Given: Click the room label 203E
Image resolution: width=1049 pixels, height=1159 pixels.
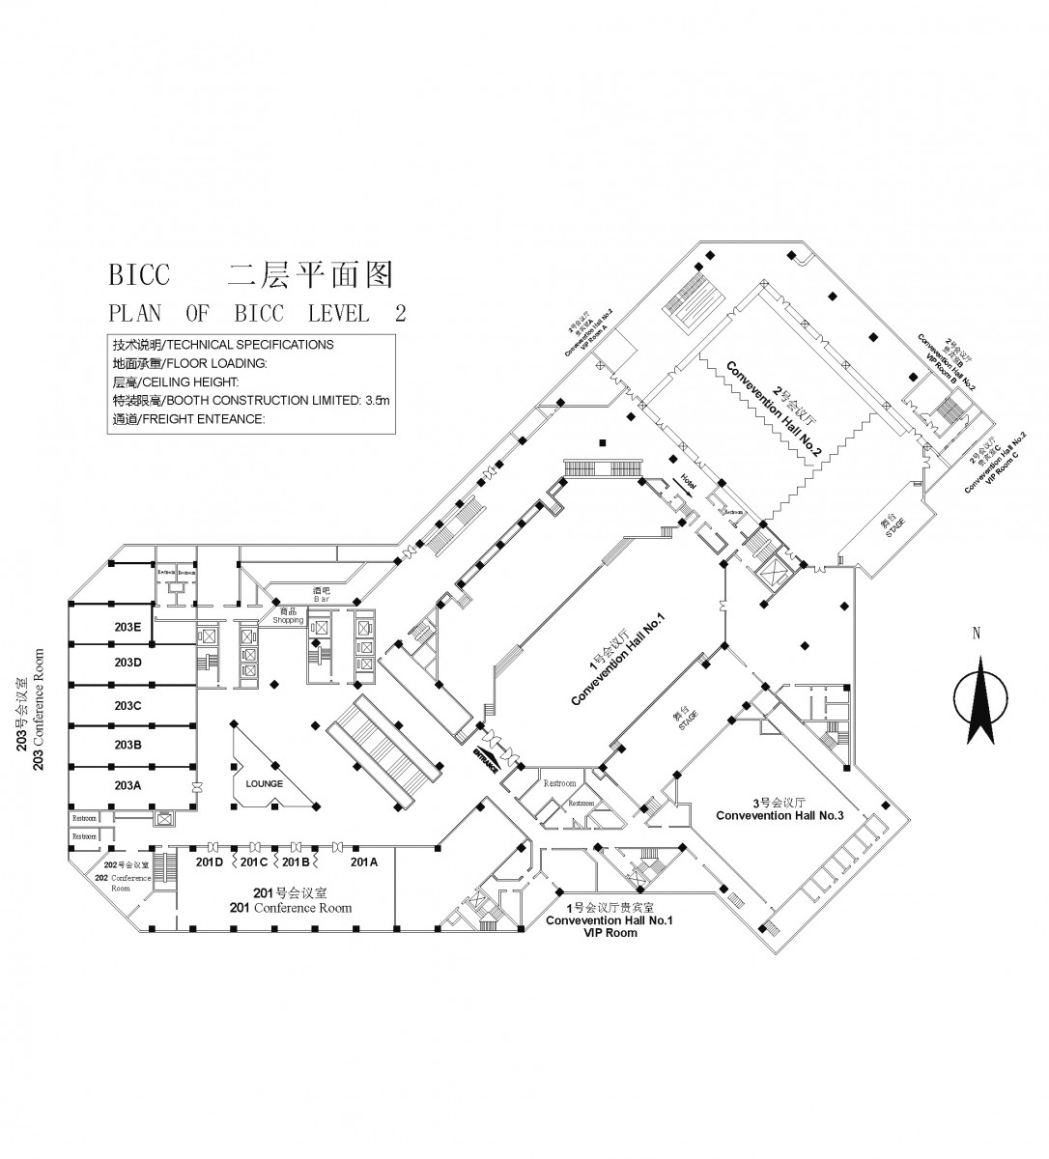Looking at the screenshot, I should [128, 627].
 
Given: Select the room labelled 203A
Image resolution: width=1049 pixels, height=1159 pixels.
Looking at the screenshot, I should [128, 784].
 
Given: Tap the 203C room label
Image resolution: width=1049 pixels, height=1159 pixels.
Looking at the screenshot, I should [128, 705].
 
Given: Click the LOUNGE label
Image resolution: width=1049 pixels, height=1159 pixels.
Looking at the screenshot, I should [265, 783].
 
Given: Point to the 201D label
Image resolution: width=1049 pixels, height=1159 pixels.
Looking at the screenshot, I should [210, 861].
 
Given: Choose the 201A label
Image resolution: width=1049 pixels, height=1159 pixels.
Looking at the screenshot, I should [364, 861].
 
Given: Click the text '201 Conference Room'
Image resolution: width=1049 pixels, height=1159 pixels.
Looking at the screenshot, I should [290, 908].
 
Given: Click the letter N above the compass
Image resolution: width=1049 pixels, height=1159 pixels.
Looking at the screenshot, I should [977, 635].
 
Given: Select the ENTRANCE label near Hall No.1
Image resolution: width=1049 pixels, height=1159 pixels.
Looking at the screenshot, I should [486, 761].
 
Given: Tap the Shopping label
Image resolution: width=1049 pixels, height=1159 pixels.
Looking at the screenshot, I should [287, 620].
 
